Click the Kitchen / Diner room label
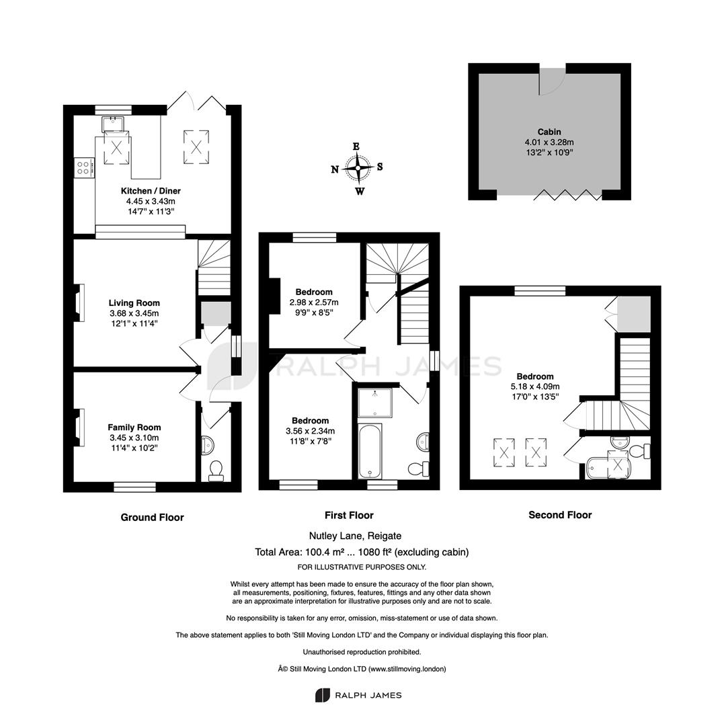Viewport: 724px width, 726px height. point(151,191)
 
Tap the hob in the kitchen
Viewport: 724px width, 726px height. point(84,167)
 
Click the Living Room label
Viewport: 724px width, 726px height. point(134,302)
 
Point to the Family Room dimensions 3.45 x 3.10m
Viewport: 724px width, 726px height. point(134,438)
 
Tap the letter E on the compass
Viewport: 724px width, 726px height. point(356,147)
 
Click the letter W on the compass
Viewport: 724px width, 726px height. point(360,191)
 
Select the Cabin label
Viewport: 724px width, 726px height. point(549,132)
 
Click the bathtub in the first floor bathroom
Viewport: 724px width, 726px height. point(370,451)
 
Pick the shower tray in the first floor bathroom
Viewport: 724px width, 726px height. point(375,403)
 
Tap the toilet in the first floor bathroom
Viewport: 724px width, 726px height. point(419,469)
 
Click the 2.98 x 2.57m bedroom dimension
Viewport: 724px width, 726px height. point(314,302)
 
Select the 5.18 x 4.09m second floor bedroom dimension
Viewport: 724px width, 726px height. point(535,387)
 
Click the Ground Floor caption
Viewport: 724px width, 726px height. point(153,518)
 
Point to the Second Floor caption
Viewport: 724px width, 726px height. point(560,515)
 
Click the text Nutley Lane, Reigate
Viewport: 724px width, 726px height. point(355,536)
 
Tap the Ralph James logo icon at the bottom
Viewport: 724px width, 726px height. point(322,695)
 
